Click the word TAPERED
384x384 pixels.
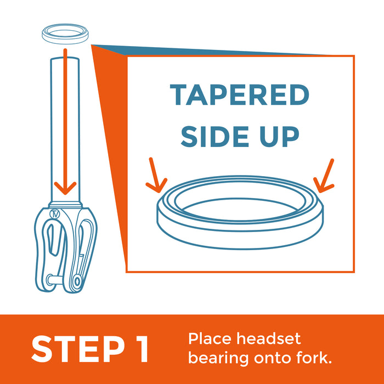(240, 94)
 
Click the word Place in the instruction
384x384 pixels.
(210, 338)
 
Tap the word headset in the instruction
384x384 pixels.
(268, 338)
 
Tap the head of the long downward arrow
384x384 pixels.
(65, 188)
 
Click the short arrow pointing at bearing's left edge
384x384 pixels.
(155, 176)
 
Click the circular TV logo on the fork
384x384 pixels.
(54, 214)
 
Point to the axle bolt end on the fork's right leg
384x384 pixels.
(77, 281)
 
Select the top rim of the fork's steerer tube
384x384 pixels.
(65, 58)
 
